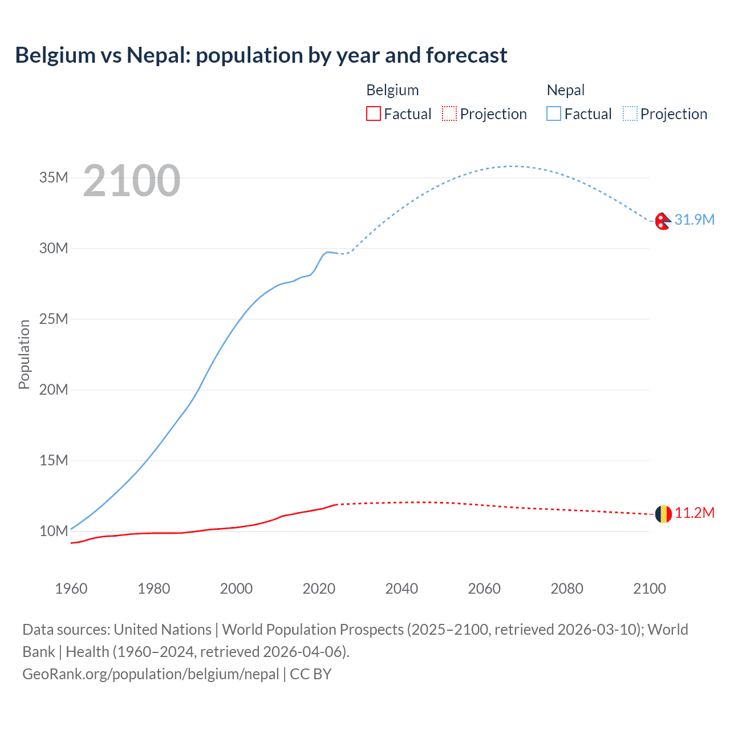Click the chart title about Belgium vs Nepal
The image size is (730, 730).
click(261, 55)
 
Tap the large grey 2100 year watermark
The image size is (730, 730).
click(132, 181)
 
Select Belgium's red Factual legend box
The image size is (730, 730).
click(373, 113)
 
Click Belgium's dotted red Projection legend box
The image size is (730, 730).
click(449, 113)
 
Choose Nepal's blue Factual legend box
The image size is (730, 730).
click(554, 113)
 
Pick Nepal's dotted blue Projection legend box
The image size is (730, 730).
click(630, 113)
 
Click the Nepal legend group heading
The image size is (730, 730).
click(565, 90)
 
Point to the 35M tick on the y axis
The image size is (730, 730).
click(54, 177)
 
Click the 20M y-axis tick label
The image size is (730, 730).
click(54, 390)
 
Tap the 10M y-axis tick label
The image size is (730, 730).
click(54, 531)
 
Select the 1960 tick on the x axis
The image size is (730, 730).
click(71, 589)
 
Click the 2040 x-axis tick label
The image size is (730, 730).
click(401, 589)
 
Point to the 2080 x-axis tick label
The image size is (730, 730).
click(567, 589)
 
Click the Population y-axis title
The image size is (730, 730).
click(24, 354)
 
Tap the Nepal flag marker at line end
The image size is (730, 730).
click(663, 221)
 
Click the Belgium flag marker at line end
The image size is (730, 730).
click(663, 514)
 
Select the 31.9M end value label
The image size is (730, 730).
click(694, 220)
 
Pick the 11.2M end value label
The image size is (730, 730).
click(694, 513)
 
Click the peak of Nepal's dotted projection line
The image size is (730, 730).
click(512, 166)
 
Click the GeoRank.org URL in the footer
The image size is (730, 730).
click(151, 674)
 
